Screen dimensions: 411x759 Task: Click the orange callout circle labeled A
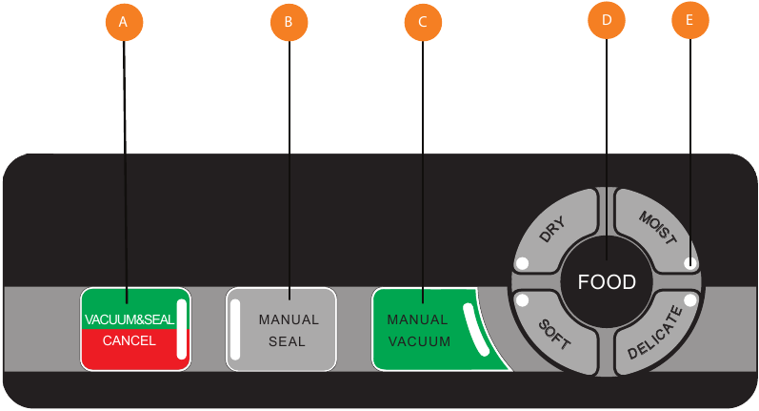click(x=124, y=21)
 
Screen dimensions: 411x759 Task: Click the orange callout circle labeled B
click(x=290, y=21)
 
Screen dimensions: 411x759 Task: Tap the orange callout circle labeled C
click(x=424, y=21)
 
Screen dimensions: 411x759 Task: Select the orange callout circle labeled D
click(x=606, y=18)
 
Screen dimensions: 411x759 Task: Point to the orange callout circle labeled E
click(x=690, y=21)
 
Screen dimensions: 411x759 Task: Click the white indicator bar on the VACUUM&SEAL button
click(x=182, y=327)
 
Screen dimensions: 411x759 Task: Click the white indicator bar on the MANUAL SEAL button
click(x=235, y=327)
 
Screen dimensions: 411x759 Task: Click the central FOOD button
click(x=607, y=282)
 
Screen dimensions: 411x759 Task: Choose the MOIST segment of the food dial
click(x=658, y=230)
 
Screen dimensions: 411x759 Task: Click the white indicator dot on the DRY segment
click(x=521, y=263)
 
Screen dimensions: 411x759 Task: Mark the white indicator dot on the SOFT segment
click(x=522, y=300)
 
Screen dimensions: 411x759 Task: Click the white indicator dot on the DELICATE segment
click(x=691, y=300)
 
